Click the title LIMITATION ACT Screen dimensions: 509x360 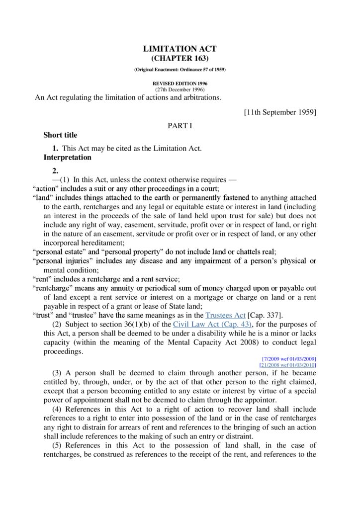(180, 49)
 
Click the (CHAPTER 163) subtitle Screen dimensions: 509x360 (180, 58)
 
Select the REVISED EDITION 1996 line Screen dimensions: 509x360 (180, 84)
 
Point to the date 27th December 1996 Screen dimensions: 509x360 (180, 89)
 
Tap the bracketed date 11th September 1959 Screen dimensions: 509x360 (280, 112)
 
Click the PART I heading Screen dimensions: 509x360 (180, 126)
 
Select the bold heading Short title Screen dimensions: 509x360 (60, 135)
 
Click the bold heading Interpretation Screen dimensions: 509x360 (67, 157)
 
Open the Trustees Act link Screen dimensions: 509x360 (225, 315)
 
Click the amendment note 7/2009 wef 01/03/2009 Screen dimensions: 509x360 (289, 358)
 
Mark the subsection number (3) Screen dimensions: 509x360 (57, 373)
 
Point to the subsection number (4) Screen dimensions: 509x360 (57, 409)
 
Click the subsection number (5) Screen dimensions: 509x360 (57, 445)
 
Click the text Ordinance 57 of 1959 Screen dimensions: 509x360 (201, 70)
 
